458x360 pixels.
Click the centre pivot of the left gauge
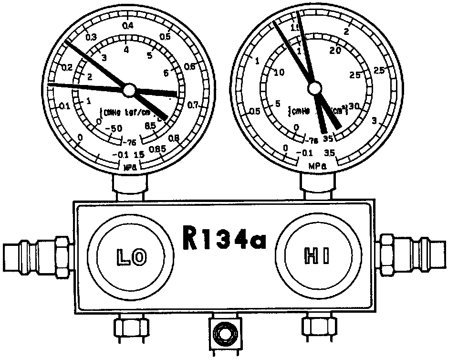tap(129, 89)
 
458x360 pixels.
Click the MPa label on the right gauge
tap(317, 166)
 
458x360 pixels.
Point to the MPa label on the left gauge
tap(130, 167)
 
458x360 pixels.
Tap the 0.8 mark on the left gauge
tap(174, 138)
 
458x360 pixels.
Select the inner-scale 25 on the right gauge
tap(355, 75)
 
